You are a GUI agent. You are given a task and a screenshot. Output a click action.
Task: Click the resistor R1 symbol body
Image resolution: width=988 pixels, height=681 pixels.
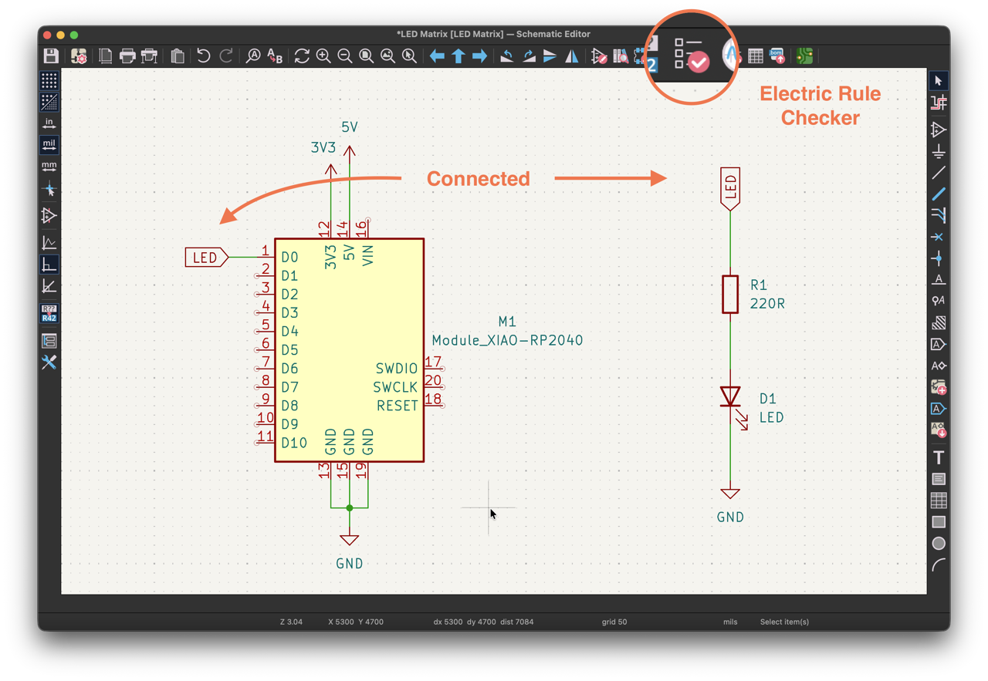pyautogui.click(x=730, y=295)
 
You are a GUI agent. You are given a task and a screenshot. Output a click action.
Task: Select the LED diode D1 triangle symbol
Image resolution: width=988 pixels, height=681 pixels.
pyautogui.click(x=730, y=396)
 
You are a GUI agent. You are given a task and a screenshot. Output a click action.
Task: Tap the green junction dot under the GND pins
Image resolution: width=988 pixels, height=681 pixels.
pyautogui.click(x=350, y=507)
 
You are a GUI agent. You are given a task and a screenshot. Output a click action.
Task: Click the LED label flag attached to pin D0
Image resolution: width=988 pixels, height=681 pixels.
pyautogui.click(x=206, y=258)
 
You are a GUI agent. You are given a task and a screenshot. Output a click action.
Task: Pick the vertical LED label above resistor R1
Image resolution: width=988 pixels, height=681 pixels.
pyautogui.click(x=730, y=188)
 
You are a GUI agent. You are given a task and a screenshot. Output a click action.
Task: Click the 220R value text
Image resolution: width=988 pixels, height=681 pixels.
pyautogui.click(x=767, y=304)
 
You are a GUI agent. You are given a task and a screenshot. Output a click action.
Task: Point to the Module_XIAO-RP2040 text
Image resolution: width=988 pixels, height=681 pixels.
pyautogui.click(x=507, y=340)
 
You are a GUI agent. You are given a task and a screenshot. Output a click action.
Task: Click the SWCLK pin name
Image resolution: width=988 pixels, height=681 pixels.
pyautogui.click(x=395, y=387)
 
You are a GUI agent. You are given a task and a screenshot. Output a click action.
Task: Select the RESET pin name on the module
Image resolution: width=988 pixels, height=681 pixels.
pyautogui.click(x=397, y=406)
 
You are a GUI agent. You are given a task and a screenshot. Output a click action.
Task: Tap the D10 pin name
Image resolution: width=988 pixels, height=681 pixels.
pyautogui.click(x=294, y=443)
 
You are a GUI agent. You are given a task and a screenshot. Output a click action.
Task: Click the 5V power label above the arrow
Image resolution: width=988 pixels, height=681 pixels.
pyautogui.click(x=350, y=127)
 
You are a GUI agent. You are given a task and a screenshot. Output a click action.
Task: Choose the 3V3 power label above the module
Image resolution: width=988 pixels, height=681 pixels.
pyautogui.click(x=323, y=147)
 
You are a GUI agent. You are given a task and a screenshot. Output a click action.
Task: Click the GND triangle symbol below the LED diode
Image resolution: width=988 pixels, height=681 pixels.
pyautogui.click(x=730, y=494)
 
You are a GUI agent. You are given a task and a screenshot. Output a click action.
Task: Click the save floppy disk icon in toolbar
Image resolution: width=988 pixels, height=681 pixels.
pyautogui.click(x=51, y=56)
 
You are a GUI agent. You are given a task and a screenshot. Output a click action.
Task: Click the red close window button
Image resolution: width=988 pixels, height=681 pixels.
pyautogui.click(x=48, y=35)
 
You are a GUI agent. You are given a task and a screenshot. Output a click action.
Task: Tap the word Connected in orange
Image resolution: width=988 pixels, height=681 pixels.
pyautogui.click(x=478, y=178)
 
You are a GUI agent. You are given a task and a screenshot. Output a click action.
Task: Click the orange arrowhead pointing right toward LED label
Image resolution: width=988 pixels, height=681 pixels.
pyautogui.click(x=658, y=178)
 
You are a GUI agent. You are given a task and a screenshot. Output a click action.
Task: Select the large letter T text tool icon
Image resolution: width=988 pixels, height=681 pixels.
pyautogui.click(x=938, y=457)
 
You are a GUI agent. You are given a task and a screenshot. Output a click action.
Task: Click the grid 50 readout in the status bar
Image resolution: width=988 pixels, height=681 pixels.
pyautogui.click(x=614, y=622)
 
